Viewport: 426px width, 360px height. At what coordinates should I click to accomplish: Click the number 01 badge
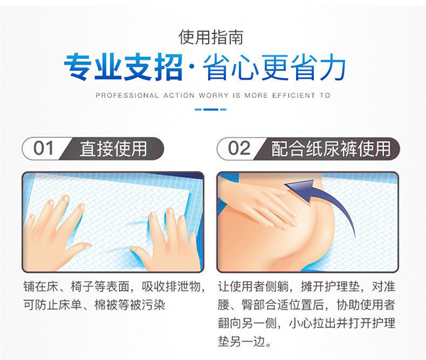coord(44,148)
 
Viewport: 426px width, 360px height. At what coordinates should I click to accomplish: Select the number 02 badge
coord(239,148)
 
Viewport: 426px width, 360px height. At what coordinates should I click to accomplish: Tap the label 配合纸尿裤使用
coord(330,148)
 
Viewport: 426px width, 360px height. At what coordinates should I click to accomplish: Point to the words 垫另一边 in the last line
coord(245,341)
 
